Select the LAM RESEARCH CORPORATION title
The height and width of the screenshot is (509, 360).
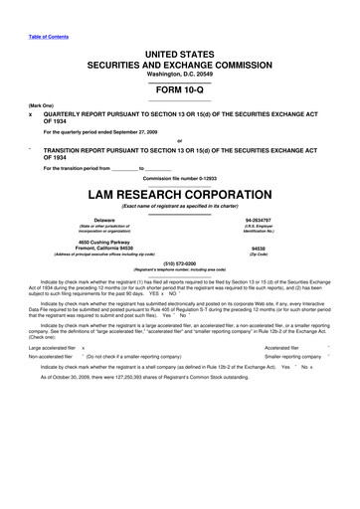coord(179,191)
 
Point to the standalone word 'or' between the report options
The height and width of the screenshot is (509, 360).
coord(179,138)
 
